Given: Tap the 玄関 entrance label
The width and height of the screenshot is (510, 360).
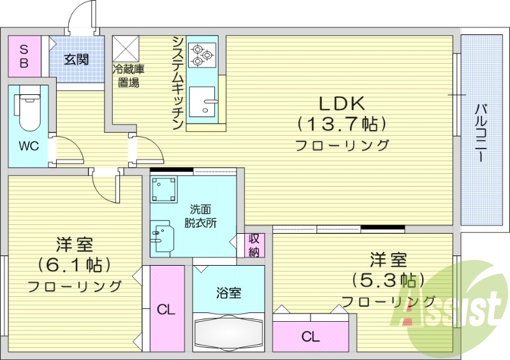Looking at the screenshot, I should pyautogui.click(x=76, y=60).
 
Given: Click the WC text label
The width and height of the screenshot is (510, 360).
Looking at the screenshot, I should pyautogui.click(x=28, y=146).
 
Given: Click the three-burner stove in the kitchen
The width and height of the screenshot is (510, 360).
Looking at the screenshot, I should pyautogui.click(x=203, y=54).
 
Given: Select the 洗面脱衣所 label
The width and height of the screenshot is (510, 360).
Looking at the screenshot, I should pyautogui.click(x=200, y=216).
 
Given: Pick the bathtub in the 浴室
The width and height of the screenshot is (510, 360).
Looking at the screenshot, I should pyautogui.click(x=228, y=331).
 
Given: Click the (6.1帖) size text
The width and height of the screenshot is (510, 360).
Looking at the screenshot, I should pyautogui.click(x=75, y=264).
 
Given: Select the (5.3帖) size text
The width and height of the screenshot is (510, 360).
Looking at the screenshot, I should pyautogui.click(x=388, y=280).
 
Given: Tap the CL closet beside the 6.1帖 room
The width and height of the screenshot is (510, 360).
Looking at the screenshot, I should pyautogui.click(x=166, y=310).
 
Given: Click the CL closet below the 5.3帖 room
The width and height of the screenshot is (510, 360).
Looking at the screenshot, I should pyautogui.click(x=310, y=336).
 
